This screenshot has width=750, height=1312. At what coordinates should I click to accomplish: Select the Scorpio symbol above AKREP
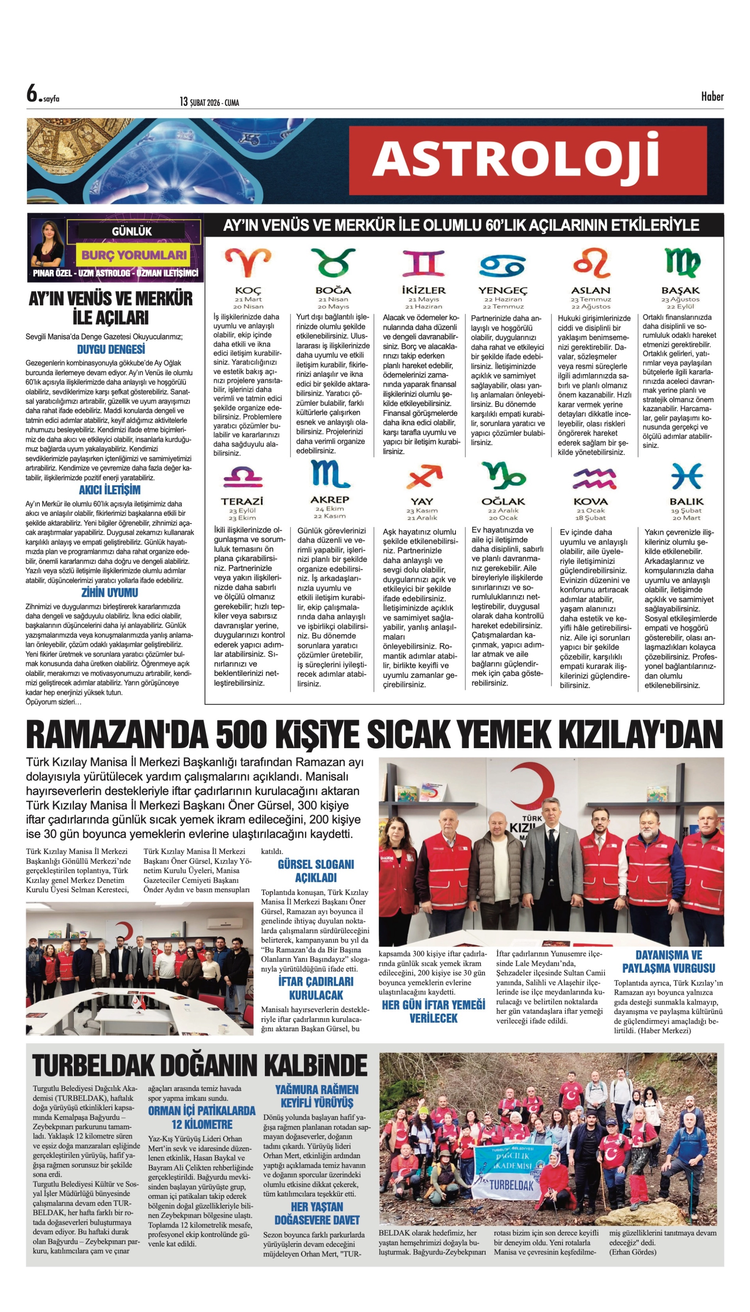330,474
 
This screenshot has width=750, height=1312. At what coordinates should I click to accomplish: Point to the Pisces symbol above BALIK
686,476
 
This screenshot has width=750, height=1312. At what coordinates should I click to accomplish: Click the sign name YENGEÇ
503,290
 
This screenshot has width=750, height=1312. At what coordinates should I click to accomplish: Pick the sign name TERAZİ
242,501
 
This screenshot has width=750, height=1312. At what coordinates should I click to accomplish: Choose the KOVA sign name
590,501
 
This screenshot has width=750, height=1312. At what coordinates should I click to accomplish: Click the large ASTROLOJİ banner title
515,159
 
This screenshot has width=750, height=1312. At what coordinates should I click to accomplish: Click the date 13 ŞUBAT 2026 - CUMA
209,102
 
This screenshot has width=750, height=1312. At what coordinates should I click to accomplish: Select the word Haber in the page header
712,96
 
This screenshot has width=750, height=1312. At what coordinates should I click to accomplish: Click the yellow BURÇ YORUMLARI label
134,255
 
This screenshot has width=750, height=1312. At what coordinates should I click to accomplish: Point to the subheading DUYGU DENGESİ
111,350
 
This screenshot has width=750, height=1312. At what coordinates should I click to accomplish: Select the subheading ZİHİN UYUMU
110,593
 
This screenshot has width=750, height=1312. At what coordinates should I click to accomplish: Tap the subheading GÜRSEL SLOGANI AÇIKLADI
316,871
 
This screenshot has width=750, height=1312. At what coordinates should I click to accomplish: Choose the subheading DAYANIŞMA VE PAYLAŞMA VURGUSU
668,961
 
